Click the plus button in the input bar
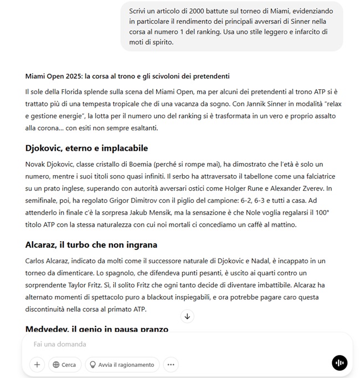(x=37, y=364)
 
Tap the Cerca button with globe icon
(x=65, y=364)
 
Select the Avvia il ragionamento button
(x=122, y=364)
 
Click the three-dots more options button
(x=171, y=364)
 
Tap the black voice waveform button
(x=339, y=364)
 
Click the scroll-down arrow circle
(x=187, y=316)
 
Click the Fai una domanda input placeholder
(x=60, y=344)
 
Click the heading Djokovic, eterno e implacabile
(x=86, y=149)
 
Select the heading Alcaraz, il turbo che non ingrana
(x=91, y=244)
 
